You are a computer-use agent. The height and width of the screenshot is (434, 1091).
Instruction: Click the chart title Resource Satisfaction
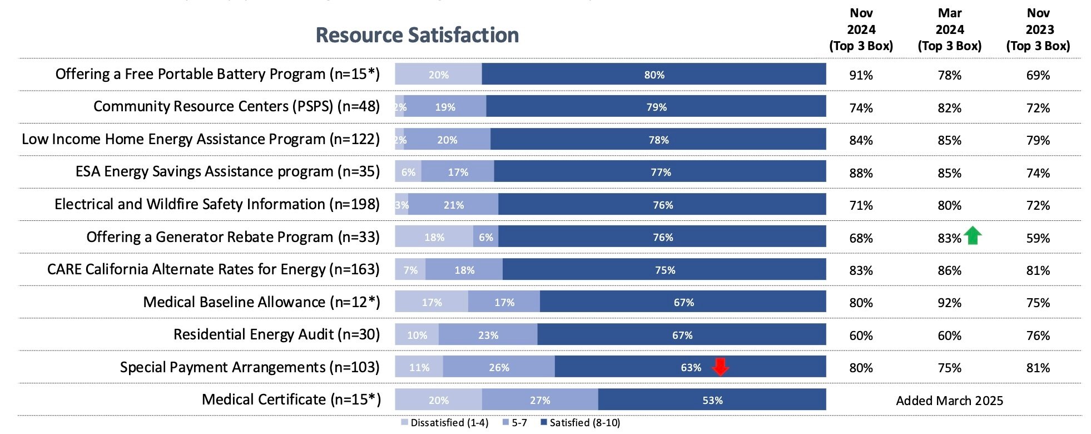(x=417, y=35)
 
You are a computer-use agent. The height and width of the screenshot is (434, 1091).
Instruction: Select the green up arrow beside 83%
(x=973, y=235)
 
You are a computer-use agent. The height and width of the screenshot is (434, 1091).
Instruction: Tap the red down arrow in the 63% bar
(x=720, y=367)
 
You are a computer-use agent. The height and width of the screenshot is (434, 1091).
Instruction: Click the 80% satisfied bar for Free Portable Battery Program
(x=654, y=75)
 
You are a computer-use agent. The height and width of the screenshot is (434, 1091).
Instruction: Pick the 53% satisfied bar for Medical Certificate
(x=712, y=400)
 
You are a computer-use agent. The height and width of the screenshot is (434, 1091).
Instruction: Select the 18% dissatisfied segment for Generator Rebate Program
(x=434, y=237)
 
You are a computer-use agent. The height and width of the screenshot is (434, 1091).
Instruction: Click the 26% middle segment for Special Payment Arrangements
(x=499, y=367)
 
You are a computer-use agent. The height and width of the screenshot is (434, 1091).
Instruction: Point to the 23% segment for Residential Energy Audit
(x=488, y=335)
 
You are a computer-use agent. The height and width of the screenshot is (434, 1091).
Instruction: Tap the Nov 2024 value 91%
(x=861, y=75)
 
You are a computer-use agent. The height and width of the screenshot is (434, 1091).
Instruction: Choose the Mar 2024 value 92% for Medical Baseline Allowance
(x=949, y=303)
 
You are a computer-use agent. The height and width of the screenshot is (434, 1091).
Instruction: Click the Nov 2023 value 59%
(x=1038, y=238)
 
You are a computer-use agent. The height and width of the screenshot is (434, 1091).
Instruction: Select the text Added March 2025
(x=949, y=401)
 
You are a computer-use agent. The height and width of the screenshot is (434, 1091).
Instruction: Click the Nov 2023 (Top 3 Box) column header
(x=1038, y=30)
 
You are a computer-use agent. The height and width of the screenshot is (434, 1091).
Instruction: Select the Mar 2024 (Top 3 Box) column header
(x=949, y=30)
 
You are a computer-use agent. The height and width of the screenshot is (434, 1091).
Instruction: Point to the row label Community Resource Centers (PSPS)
(x=236, y=106)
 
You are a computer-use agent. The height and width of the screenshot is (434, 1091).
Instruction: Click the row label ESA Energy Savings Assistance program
(x=227, y=171)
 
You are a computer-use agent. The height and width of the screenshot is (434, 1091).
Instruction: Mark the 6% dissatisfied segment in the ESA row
(x=408, y=172)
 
